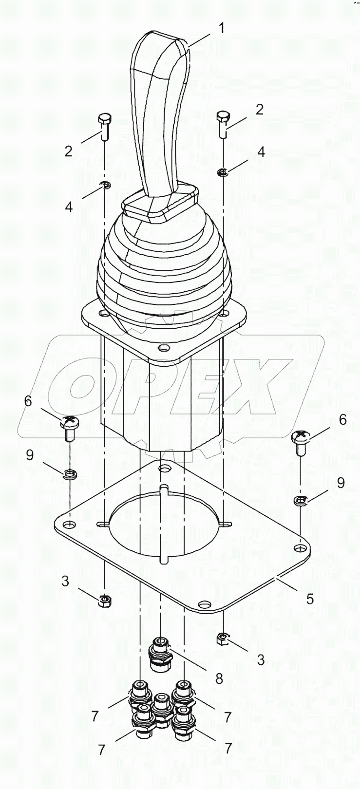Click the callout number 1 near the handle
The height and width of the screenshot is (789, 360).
click(x=221, y=28)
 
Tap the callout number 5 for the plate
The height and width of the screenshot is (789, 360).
click(x=310, y=598)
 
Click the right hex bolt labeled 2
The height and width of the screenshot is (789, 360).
click(x=223, y=122)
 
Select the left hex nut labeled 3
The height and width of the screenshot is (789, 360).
click(x=104, y=601)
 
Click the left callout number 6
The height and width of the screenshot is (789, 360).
click(x=28, y=401)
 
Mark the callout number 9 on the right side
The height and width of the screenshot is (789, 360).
click(x=341, y=483)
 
